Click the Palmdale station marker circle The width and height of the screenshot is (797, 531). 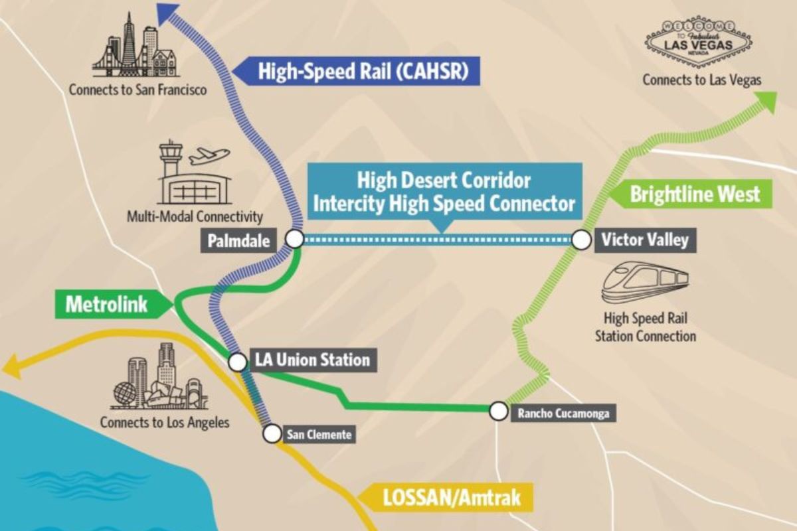pos(294,240)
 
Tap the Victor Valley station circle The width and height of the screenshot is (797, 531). pos(581,240)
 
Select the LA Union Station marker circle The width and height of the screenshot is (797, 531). pos(237,362)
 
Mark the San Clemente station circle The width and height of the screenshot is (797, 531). pos(272,434)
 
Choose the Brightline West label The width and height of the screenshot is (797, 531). pos(693,194)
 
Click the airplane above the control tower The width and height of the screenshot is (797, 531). pos(209,156)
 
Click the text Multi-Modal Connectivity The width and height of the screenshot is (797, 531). pos(195,216)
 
